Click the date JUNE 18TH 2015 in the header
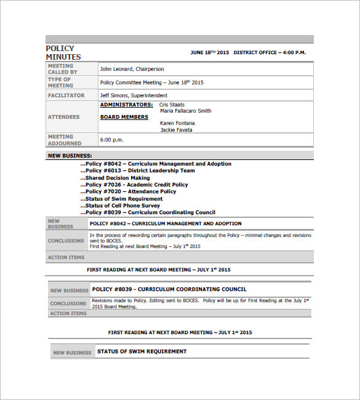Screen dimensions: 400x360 tap(209, 53)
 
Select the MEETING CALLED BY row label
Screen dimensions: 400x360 tap(60, 69)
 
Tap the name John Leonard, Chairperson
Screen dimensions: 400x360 tap(132, 69)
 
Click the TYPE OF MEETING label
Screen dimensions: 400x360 tap(60, 82)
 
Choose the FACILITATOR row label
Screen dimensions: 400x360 tap(66, 95)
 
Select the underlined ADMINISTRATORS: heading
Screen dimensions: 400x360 tap(126, 105)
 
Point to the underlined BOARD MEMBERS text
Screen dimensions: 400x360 tap(124, 117)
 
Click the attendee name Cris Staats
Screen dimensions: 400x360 tap(172, 105)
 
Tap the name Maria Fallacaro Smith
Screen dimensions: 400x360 tap(185, 111)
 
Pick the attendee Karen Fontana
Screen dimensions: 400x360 tap(177, 123)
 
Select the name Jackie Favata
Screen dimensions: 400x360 tap(176, 130)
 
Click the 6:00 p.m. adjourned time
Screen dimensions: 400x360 tap(112, 140)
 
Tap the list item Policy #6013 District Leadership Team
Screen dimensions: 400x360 tap(138, 170)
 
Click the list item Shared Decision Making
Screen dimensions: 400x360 tap(115, 178)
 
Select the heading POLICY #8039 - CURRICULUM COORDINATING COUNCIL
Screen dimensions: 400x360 tap(169, 289)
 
